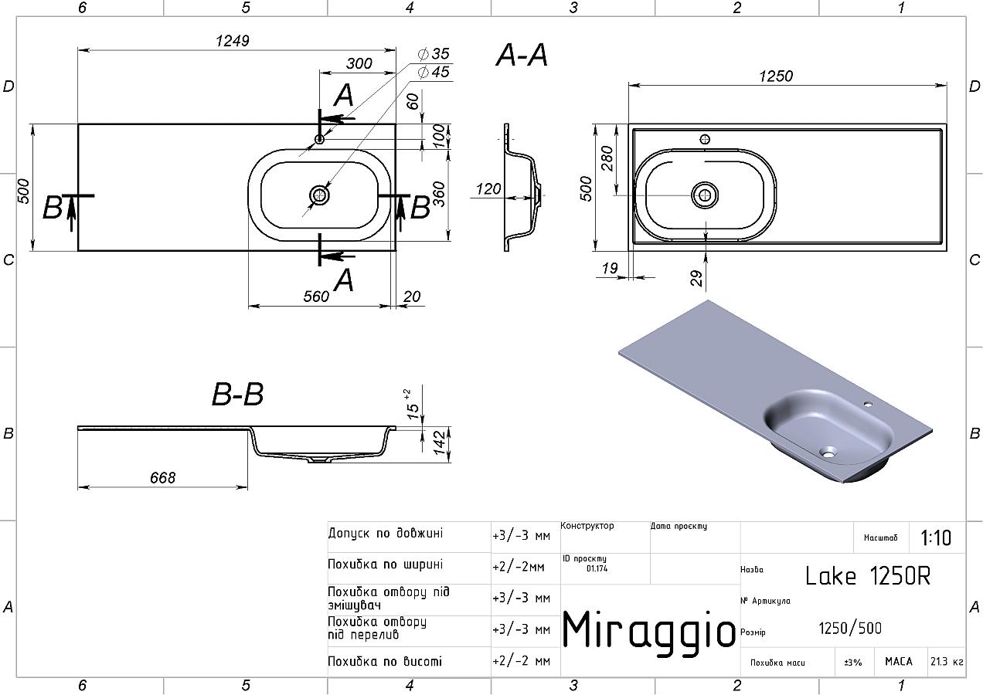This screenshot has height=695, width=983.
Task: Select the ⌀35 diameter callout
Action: pyautogui.click(x=434, y=54)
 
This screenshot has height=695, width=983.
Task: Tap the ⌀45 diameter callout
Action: pyautogui.click(x=434, y=72)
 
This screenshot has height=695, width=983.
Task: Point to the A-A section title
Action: pyautogui.click(x=522, y=56)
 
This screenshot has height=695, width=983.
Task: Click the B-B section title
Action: pyautogui.click(x=237, y=395)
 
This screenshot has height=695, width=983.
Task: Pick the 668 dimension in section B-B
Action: pyautogui.click(x=162, y=478)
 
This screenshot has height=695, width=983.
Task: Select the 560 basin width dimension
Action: pyautogui.click(x=316, y=297)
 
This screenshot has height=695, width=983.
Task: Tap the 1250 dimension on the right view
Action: pyautogui.click(x=776, y=76)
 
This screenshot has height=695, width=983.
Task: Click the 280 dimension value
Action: pyautogui.click(x=607, y=158)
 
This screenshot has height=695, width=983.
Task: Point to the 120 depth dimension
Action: pyautogui.click(x=488, y=188)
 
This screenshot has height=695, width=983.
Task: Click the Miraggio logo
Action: pyautogui.click(x=648, y=629)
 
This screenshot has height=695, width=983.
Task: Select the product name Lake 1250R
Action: pyautogui.click(x=867, y=576)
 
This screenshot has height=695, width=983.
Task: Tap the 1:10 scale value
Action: pyautogui.click(x=936, y=537)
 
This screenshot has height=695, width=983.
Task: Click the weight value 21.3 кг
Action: pyautogui.click(x=947, y=662)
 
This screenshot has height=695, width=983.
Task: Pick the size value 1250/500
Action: pyautogui.click(x=850, y=629)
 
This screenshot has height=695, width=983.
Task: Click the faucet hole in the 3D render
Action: pyautogui.click(x=868, y=404)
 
